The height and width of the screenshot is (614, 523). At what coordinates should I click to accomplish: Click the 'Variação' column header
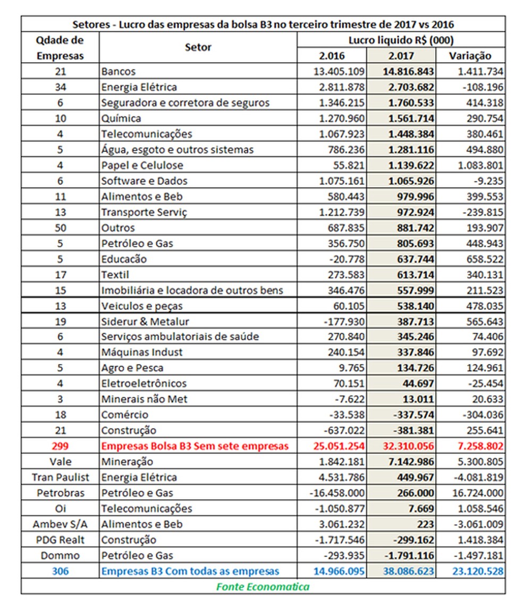470,56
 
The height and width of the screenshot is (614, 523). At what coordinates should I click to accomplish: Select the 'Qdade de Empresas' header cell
60,48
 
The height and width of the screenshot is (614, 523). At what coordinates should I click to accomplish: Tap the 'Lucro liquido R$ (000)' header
401,40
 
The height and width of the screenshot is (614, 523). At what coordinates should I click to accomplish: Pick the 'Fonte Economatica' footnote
263,586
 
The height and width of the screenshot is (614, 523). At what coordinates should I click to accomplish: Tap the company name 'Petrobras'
60,493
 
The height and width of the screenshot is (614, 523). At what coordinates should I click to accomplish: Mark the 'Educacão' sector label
124,259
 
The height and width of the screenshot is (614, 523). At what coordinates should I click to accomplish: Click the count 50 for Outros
60,228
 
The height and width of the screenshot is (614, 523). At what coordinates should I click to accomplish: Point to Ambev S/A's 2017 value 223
425,524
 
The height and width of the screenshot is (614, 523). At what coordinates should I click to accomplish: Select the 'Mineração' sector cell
127,461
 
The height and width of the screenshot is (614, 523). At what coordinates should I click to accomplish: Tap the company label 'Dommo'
60,556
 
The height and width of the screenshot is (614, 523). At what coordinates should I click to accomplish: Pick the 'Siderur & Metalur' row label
145,321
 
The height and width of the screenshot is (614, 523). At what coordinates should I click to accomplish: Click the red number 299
60,445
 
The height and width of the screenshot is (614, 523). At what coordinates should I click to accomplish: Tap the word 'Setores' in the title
89,24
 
